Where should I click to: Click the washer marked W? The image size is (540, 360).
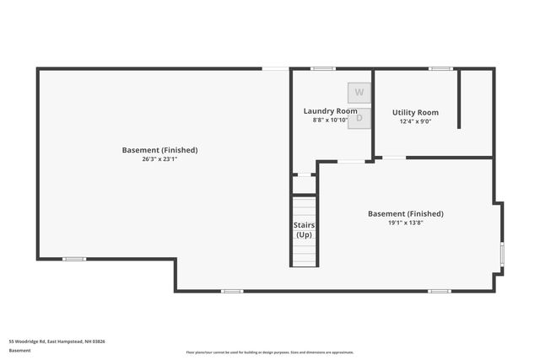click(x=359, y=92)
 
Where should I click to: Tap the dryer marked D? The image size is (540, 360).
click(x=359, y=118)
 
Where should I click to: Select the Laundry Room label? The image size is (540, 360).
click(x=330, y=111)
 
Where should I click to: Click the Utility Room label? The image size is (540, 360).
click(x=415, y=112)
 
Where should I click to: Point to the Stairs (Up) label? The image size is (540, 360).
click(x=304, y=229)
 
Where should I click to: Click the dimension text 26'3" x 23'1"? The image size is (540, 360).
click(x=159, y=159)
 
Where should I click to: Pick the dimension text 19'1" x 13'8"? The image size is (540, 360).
click(x=405, y=223)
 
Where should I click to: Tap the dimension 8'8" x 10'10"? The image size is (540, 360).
click(x=330, y=121)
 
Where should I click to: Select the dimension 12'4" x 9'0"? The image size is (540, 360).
click(x=415, y=121)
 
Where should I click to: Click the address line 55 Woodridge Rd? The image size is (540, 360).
click(x=57, y=341)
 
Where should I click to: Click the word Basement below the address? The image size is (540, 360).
click(x=19, y=351)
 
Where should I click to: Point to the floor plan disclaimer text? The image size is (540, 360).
click(x=270, y=352)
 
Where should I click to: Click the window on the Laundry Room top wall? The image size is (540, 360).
click(x=322, y=68)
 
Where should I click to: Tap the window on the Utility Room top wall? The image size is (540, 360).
click(x=440, y=68)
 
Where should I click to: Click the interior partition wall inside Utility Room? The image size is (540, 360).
click(x=459, y=99)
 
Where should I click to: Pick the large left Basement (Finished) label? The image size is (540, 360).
click(x=159, y=150)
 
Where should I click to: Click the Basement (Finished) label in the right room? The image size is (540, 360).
click(x=405, y=214)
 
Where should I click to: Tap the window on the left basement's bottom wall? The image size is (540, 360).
click(x=74, y=259)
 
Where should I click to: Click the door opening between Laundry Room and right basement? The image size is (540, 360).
click(x=351, y=161)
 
